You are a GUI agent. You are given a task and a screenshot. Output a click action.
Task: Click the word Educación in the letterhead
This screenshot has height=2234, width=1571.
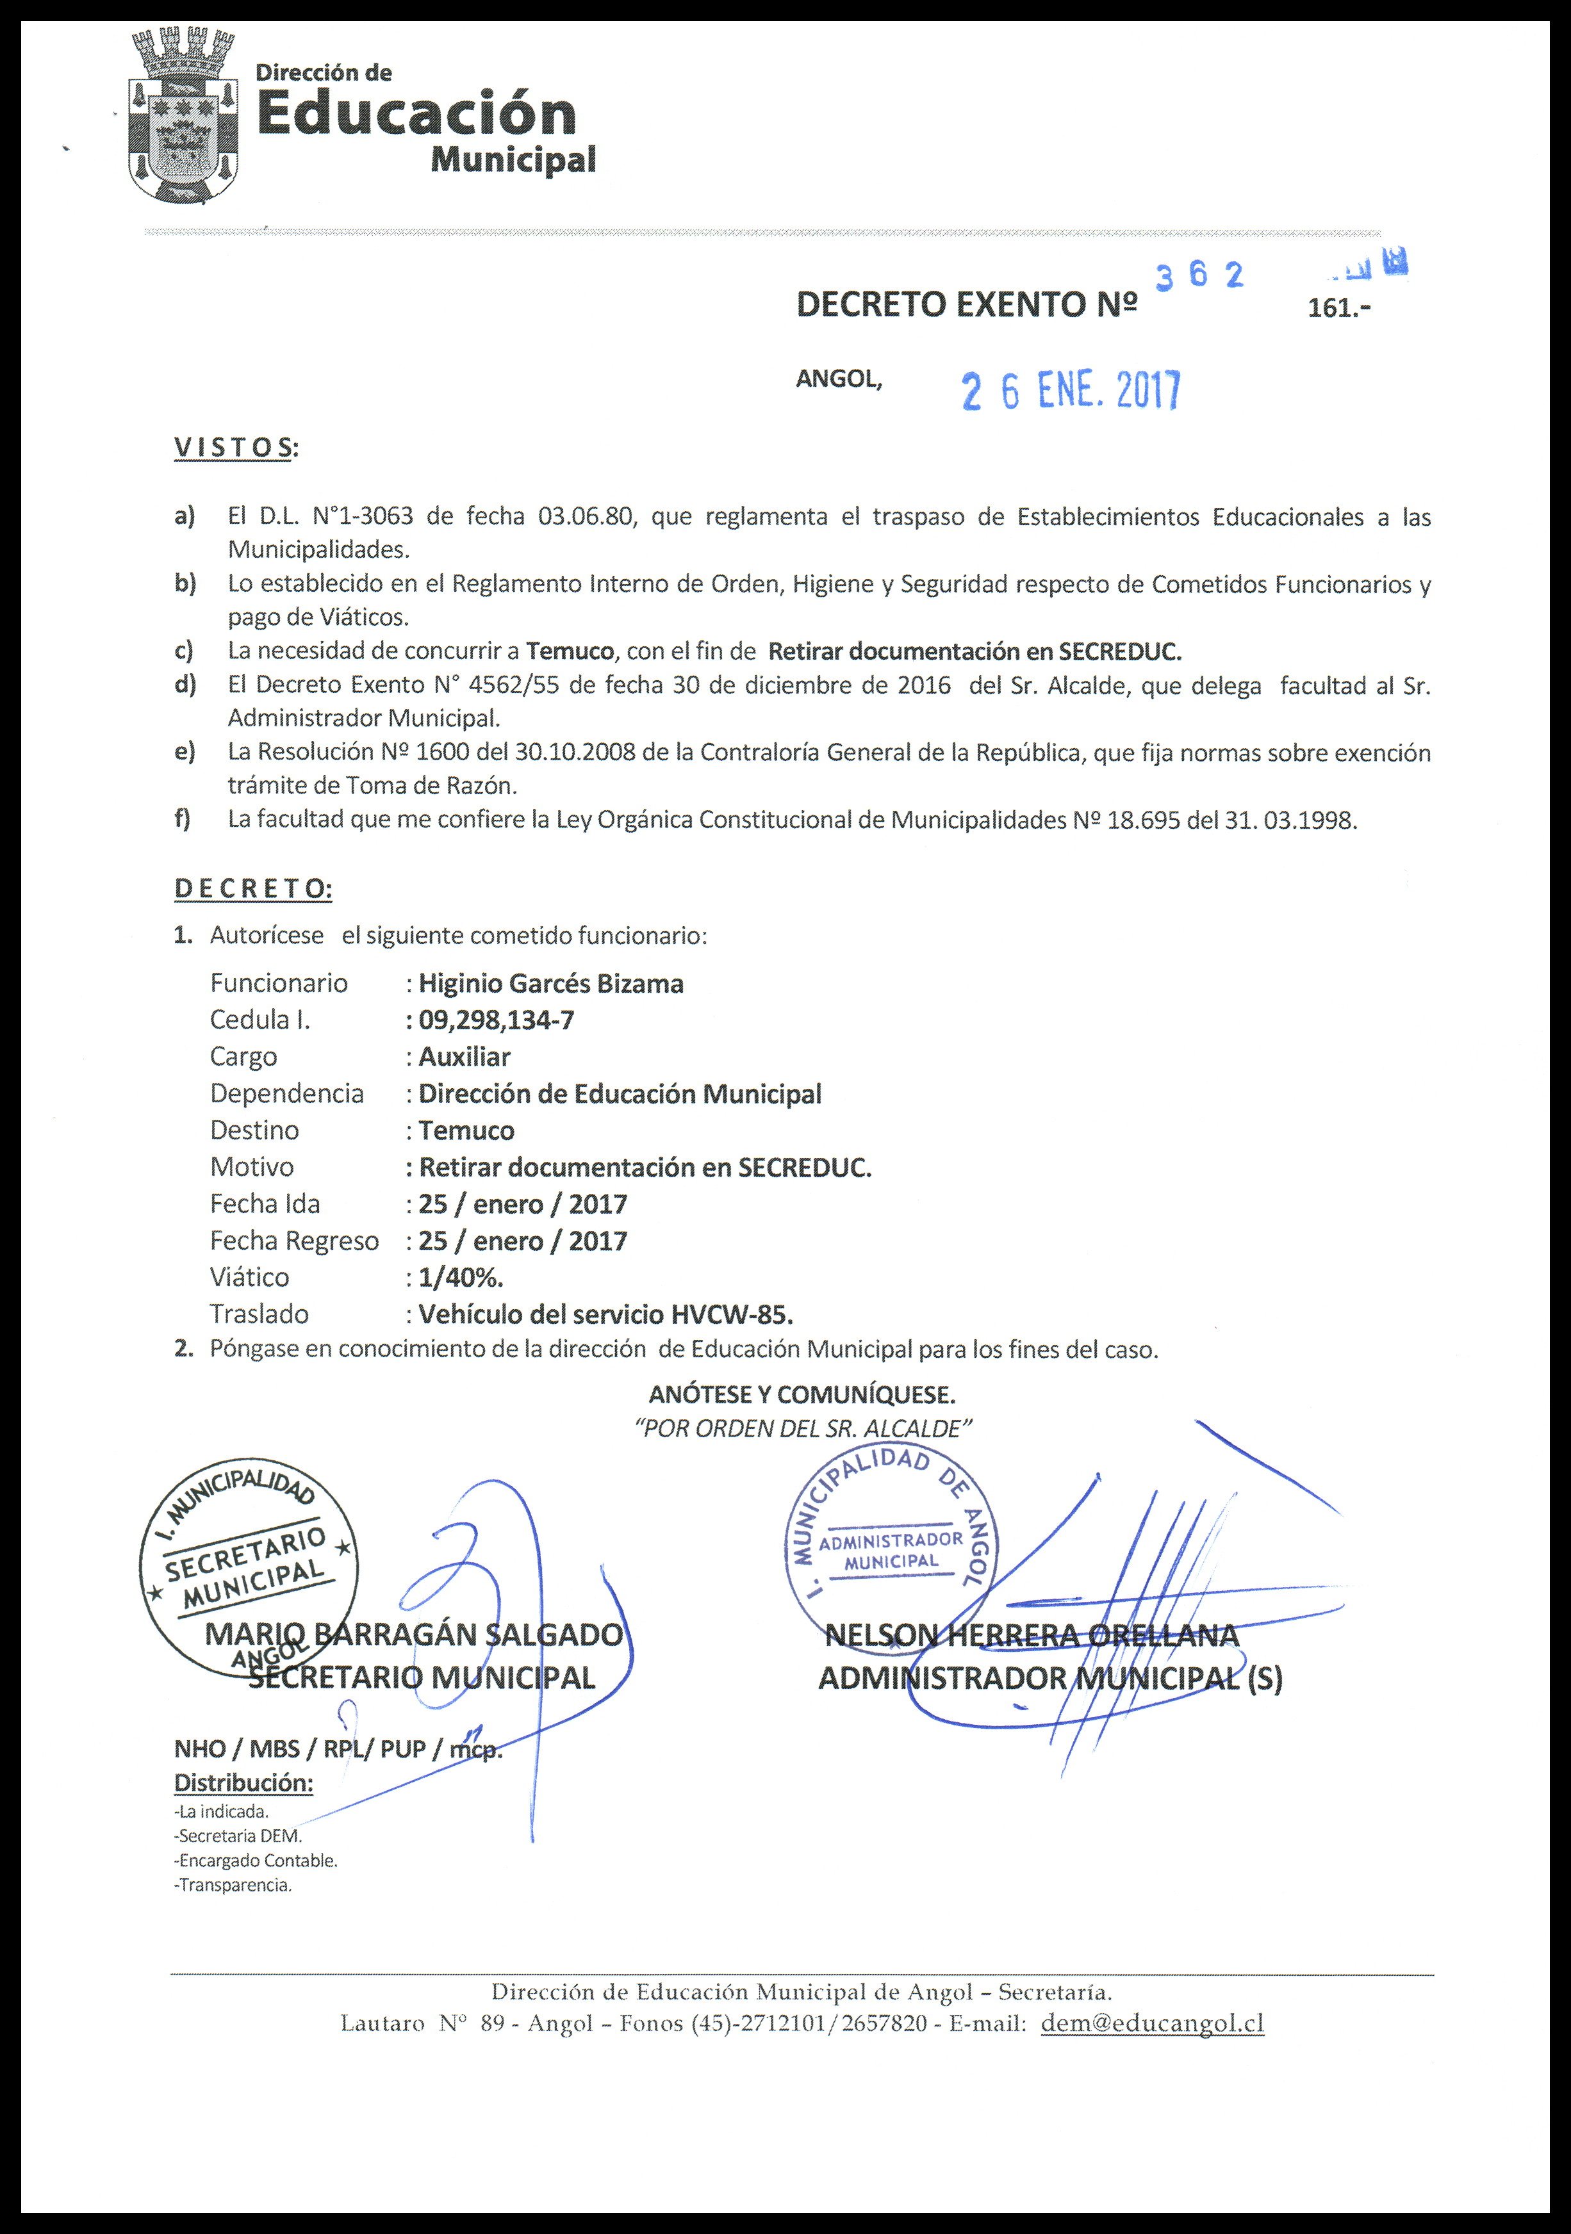point(416,114)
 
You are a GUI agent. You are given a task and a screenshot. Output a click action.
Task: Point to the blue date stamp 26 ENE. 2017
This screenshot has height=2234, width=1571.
point(1070,391)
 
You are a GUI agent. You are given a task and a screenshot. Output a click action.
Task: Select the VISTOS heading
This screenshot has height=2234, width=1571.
point(234,448)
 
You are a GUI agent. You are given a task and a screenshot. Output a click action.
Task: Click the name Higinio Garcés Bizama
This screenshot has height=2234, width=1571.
point(551,984)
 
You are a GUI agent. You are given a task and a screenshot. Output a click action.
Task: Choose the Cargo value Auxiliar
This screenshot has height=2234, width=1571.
point(465,1057)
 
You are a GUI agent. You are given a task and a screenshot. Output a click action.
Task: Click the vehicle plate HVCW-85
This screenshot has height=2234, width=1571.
point(732,1314)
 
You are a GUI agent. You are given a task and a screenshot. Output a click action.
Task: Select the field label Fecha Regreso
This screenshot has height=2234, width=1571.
point(294,1241)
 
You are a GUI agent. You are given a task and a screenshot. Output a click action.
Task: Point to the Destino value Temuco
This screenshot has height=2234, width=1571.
point(466,1130)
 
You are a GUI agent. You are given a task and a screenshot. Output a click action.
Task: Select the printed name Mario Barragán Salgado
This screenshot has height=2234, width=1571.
point(414,1635)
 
